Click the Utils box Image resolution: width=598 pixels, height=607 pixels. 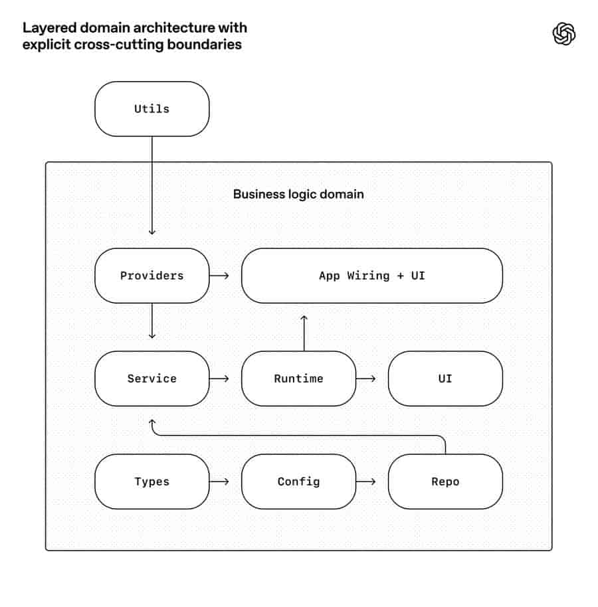point(151,109)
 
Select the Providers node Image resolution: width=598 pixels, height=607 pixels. point(151,276)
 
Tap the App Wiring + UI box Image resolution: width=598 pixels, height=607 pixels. point(372,276)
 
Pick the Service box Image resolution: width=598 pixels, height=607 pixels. point(151,379)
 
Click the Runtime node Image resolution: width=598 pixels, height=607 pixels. point(298,379)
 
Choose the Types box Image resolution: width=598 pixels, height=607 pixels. point(151,481)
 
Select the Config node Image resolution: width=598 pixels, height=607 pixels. point(298,481)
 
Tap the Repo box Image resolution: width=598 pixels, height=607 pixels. point(445,481)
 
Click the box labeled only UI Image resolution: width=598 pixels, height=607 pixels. point(445,379)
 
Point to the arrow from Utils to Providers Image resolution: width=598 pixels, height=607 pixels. point(151,185)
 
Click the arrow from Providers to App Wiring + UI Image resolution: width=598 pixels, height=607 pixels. point(219,276)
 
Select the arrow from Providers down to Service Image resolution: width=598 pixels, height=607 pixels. point(151,321)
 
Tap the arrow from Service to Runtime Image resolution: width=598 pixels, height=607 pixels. point(219,379)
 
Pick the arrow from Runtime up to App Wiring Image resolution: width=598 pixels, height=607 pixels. point(304,333)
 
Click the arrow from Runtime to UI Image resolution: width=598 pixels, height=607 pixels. point(366,379)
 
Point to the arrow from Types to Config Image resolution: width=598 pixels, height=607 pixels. point(219,481)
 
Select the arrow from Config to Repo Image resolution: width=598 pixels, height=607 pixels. point(366,481)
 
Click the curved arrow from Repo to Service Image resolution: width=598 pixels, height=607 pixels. point(298,436)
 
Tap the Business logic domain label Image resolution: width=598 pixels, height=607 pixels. point(298,194)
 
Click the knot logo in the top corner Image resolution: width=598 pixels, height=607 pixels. point(564,34)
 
